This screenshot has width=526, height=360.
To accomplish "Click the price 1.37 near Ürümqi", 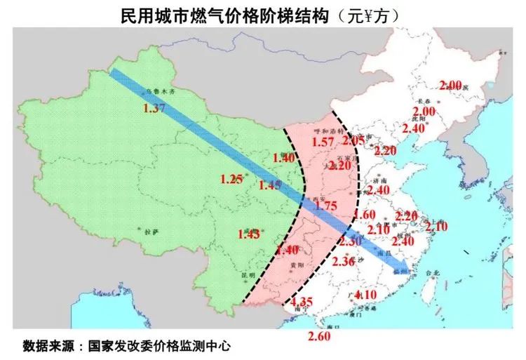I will [x=153, y=108].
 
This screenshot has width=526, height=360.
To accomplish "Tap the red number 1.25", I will [x=231, y=179].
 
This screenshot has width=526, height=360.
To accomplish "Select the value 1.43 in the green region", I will [x=250, y=233].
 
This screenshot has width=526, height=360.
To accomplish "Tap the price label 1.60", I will [x=367, y=215].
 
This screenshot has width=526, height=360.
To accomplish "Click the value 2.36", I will [x=344, y=262].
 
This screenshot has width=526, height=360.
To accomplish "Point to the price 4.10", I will [x=367, y=294].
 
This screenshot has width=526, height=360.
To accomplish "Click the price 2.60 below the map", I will [x=318, y=336].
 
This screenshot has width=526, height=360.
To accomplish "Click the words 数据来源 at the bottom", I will [x=48, y=346].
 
